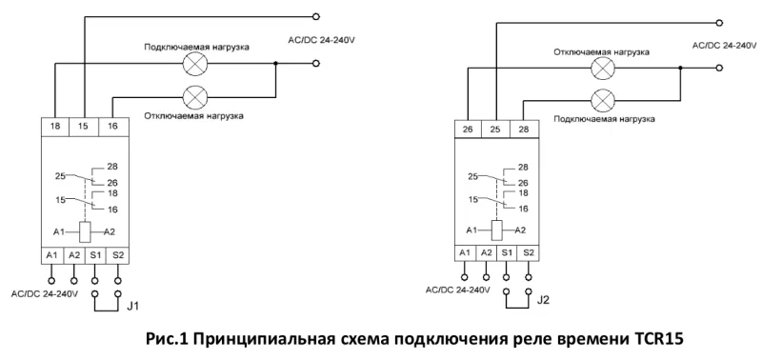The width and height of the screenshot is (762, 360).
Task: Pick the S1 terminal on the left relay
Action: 94,254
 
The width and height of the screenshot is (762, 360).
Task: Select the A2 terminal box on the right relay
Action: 486,251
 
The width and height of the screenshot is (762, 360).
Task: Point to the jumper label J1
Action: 133,308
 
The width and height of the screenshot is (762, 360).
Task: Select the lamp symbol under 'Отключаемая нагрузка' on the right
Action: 602,69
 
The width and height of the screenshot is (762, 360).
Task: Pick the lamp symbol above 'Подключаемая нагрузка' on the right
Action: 602,99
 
